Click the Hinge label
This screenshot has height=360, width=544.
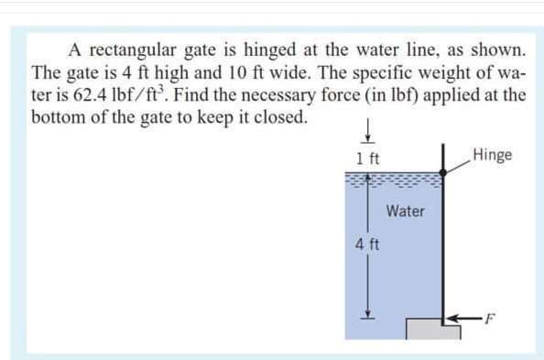(493, 155)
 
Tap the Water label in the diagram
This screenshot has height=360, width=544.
(405, 211)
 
